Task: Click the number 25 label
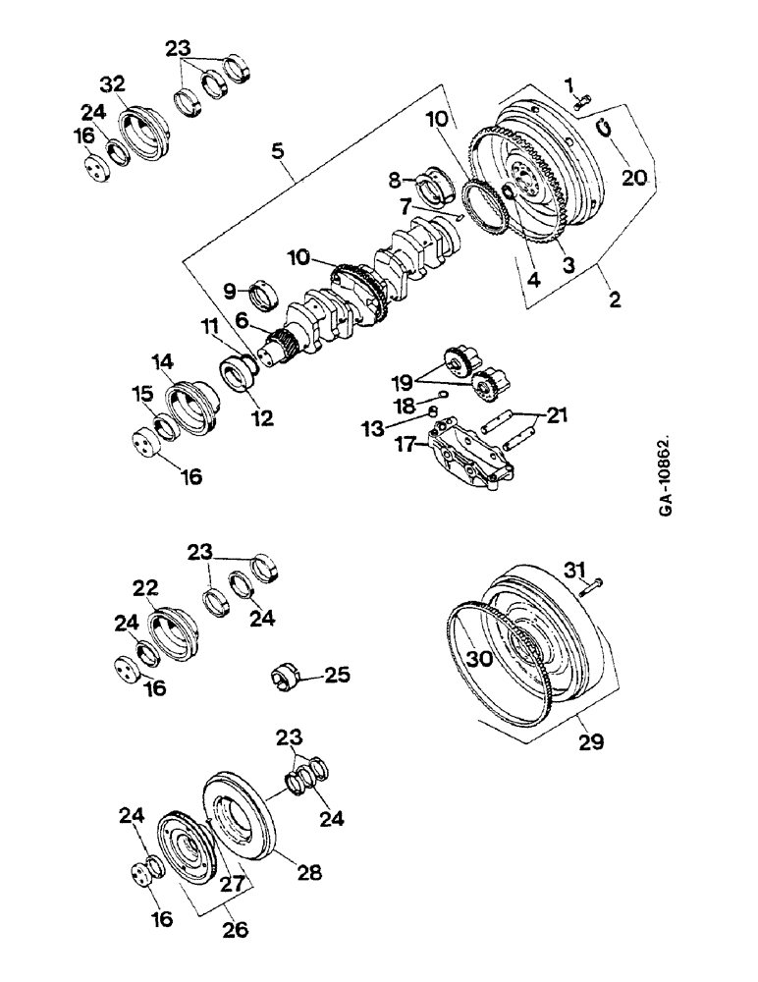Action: pos(336,677)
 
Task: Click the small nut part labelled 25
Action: pos(286,678)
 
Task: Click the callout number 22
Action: pos(146,587)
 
